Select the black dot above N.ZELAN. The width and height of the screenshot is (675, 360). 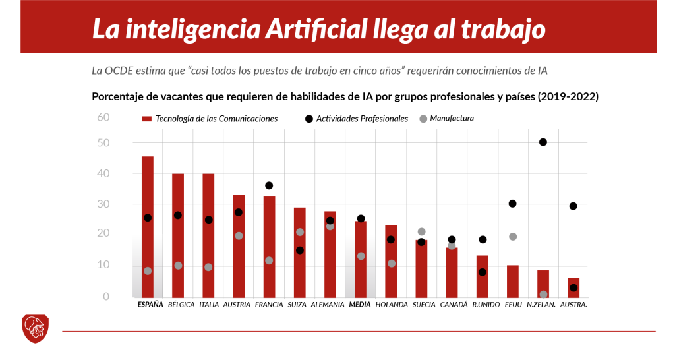543,142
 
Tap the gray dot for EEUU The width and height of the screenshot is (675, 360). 513,237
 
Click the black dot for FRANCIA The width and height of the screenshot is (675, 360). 269,186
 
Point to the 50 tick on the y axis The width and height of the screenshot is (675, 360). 103,143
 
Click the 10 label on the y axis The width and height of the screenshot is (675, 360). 103,265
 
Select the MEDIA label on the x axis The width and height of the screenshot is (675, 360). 360,305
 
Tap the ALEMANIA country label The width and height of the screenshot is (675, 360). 328,305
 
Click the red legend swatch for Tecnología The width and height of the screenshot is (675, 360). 147,119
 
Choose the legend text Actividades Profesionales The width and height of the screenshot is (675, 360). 362,119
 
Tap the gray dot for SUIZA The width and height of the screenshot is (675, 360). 300,232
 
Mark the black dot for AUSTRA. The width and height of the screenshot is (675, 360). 573,287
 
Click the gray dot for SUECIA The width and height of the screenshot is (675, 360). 421,232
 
